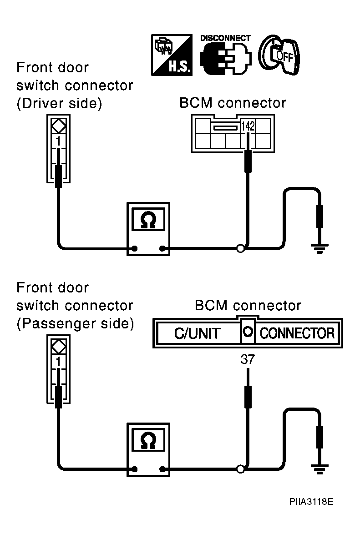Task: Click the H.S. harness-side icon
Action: [x=172, y=55]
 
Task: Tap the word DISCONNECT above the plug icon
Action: [x=225, y=38]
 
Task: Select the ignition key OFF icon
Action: [x=279, y=55]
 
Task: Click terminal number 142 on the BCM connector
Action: [x=248, y=126]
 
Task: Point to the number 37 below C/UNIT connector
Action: [x=248, y=360]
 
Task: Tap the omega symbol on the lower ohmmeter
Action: [x=148, y=441]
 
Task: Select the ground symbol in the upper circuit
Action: [x=320, y=248]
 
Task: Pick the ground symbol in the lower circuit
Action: [x=320, y=469]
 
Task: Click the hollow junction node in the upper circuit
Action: [x=241, y=248]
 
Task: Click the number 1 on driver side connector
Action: [x=58, y=141]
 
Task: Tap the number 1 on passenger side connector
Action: [x=58, y=362]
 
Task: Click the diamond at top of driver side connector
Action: [x=58, y=126]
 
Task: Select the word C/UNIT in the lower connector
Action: [x=197, y=333]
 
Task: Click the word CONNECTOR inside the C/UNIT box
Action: [x=297, y=333]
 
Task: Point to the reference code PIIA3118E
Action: [x=311, y=502]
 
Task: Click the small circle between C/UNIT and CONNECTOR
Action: [x=248, y=332]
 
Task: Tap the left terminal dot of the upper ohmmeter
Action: [x=135, y=248]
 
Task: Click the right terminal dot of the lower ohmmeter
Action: [x=162, y=469]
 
